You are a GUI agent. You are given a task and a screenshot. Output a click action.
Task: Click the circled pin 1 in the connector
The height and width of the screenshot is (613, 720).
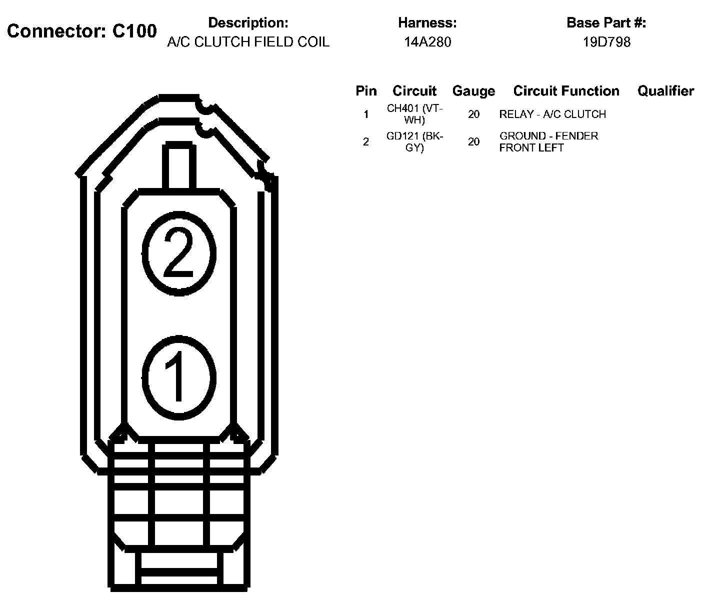tap(179, 376)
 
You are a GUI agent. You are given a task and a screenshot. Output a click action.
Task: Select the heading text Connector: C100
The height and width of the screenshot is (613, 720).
tap(82, 31)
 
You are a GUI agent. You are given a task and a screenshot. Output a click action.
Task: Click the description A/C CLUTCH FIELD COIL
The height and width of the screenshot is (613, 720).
tap(248, 42)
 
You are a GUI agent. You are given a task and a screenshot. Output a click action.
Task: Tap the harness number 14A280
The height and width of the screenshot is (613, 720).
tap(427, 42)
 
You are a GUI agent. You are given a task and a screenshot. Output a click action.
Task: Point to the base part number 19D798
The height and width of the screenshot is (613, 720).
tap(606, 42)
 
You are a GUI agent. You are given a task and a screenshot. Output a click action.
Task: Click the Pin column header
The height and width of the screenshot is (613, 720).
tap(366, 91)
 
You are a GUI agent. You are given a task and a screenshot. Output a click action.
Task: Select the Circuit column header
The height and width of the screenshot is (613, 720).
tap(414, 91)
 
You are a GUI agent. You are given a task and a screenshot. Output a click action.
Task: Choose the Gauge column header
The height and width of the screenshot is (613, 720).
tap(473, 91)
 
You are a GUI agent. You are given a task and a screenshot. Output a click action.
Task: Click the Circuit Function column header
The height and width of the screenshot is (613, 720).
tap(566, 91)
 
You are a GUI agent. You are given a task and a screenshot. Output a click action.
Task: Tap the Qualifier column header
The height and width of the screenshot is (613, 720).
tap(665, 91)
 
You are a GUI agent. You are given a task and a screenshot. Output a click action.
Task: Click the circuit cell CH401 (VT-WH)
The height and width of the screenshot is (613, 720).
tap(414, 114)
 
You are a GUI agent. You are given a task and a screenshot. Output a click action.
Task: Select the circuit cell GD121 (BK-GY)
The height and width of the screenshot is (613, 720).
tap(414, 142)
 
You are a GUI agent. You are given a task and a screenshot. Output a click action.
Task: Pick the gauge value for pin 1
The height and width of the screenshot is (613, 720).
tap(473, 114)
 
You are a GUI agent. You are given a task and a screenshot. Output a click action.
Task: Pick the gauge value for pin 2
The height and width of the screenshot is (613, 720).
tap(473, 142)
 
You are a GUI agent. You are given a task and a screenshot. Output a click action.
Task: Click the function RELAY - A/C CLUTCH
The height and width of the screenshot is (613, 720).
tap(552, 114)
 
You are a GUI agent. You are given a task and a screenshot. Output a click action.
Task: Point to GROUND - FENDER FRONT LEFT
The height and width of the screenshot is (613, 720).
tap(548, 142)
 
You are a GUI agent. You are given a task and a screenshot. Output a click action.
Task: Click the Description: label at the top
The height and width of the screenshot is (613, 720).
tap(248, 23)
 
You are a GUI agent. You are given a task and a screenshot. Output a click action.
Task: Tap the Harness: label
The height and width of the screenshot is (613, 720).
tap(427, 23)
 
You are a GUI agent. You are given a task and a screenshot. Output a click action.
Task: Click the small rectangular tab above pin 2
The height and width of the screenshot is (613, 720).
tap(178, 166)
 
